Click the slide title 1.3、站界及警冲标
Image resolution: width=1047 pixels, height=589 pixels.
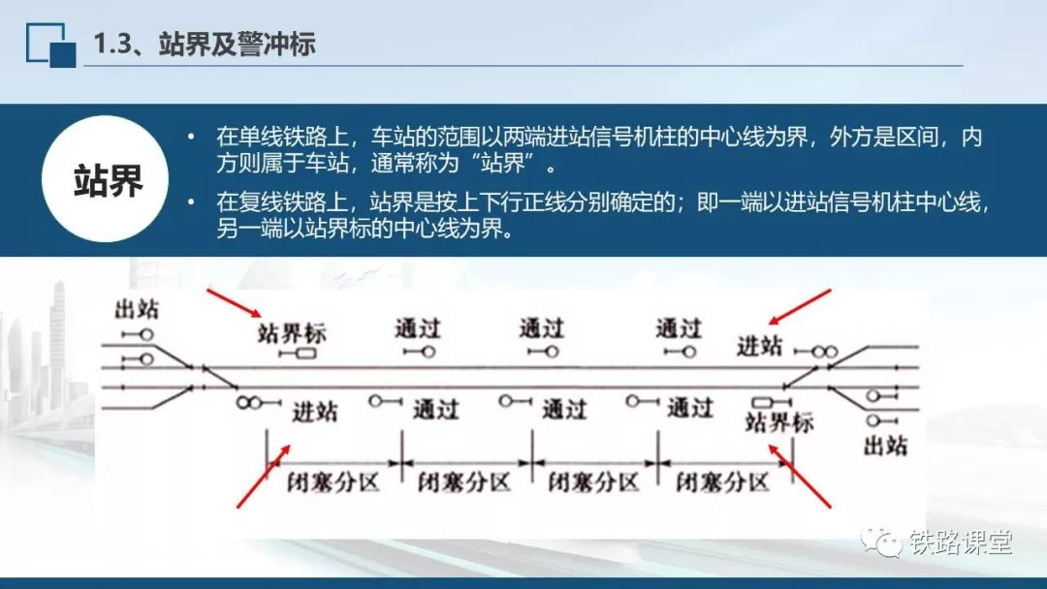coord(204,44)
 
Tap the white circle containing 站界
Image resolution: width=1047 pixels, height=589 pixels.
coord(106,179)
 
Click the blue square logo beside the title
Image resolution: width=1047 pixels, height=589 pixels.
coord(50,45)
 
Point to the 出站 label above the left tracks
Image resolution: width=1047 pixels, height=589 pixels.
coord(137,309)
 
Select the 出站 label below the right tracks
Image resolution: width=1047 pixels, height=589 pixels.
coord(885,445)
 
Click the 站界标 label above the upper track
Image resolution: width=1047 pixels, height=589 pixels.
coord(292,333)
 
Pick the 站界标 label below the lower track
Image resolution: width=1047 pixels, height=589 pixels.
coord(779,422)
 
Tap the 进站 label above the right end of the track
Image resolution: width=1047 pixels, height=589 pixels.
coord(759,346)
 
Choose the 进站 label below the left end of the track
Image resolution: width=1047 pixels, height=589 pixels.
coord(314,412)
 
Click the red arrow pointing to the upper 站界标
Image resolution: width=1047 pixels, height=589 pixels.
coord(234,303)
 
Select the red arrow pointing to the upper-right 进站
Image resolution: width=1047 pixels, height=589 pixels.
coord(799,307)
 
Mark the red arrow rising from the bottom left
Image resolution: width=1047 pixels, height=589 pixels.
coord(264,477)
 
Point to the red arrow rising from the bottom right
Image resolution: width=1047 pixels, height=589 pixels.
coord(800,477)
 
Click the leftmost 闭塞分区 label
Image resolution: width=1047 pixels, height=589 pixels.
coord(333,481)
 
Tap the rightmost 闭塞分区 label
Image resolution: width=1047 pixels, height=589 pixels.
coord(722,481)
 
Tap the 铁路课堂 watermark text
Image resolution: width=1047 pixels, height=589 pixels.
coord(961,542)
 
